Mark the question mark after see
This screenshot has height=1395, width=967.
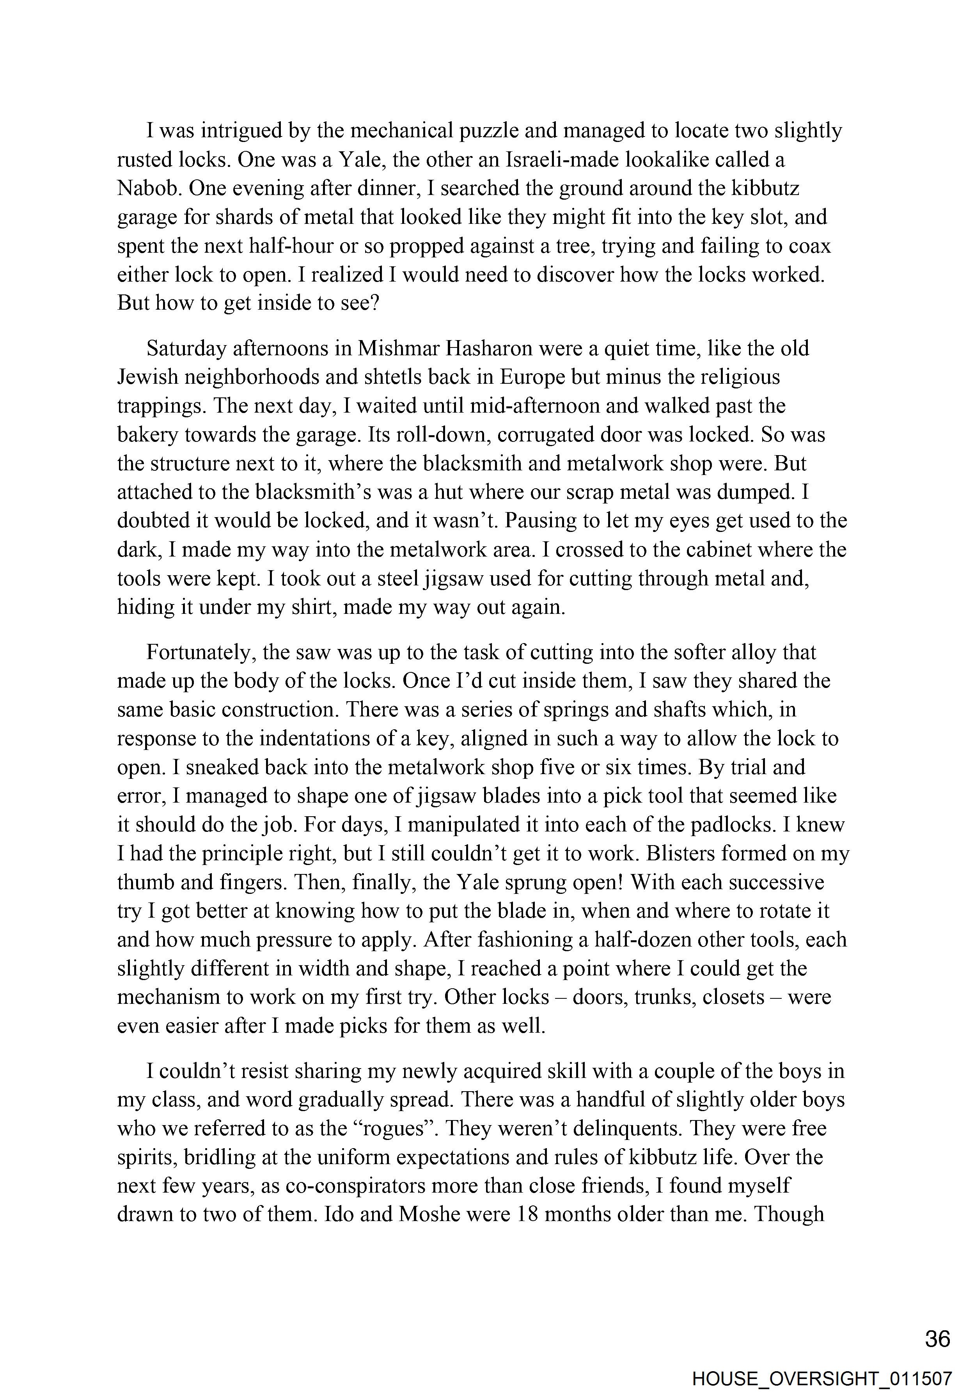[373, 303]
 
